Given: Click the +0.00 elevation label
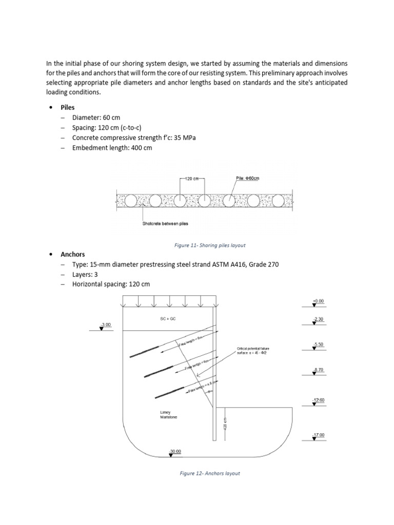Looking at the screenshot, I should pyautogui.click(x=318, y=301).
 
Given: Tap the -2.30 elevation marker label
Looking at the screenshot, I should pyautogui.click(x=318, y=319).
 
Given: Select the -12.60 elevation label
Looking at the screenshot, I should pyautogui.click(x=318, y=399).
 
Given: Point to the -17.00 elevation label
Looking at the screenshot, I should pyautogui.click(x=318, y=435).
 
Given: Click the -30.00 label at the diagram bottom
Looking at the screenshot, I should pyautogui.click(x=175, y=451).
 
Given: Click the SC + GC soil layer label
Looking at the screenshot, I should pyautogui.click(x=167, y=319).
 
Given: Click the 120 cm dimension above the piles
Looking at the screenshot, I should pyautogui.click(x=192, y=179).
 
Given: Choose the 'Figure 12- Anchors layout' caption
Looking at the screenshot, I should pyautogui.click(x=210, y=473).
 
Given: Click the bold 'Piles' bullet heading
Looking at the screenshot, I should pyautogui.click(x=68, y=108).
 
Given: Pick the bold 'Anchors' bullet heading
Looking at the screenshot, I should pyautogui.click(x=72, y=254).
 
